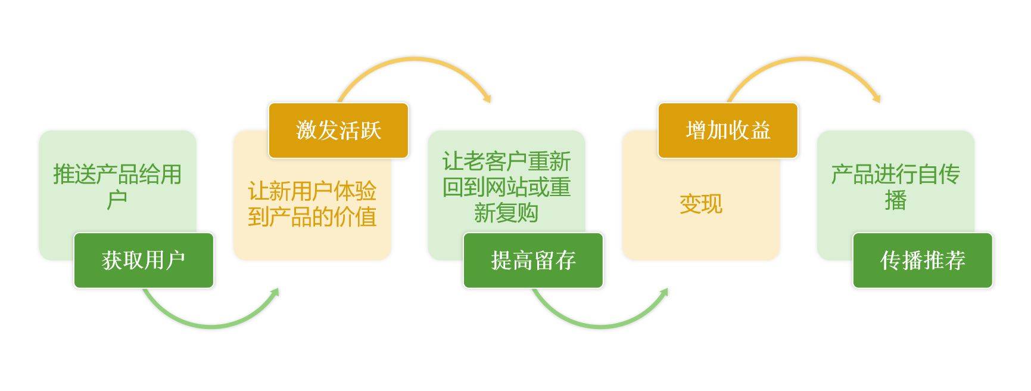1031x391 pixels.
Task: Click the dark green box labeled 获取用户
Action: click(144, 260)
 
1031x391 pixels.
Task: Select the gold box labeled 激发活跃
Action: click(338, 131)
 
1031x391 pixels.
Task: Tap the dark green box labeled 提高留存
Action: click(533, 260)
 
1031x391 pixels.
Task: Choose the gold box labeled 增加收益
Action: click(728, 131)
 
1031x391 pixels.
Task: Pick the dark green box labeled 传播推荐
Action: click(923, 260)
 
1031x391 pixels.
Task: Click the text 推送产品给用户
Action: click(117, 187)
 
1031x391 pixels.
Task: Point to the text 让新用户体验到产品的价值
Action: click(312, 204)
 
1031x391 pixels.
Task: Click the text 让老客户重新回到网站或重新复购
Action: click(506, 187)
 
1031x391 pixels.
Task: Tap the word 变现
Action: click(701, 204)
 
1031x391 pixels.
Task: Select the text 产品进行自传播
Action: click(896, 187)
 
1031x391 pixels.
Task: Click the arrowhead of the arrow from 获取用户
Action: click(275, 293)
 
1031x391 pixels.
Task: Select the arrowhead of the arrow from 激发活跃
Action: click(487, 98)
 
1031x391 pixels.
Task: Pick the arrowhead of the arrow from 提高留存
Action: click(664, 293)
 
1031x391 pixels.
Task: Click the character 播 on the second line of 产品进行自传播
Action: click(896, 200)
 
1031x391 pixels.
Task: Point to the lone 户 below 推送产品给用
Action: click(117, 200)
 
